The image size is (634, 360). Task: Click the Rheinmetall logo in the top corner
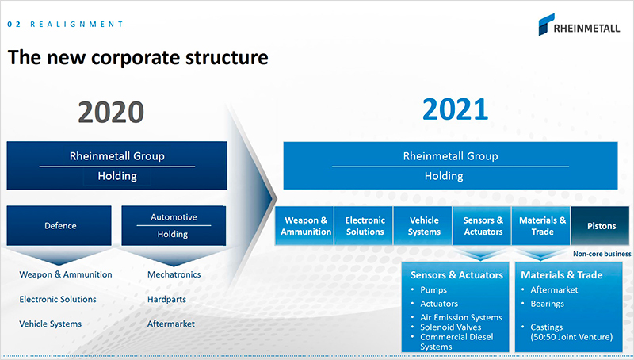pyautogui.click(x=579, y=25)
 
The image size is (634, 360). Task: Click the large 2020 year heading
pyautogui.click(x=111, y=112)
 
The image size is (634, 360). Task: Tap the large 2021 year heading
pyautogui.click(x=455, y=109)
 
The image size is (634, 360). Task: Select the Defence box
pyautogui.click(x=59, y=225)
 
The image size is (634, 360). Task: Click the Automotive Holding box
pyautogui.click(x=174, y=225)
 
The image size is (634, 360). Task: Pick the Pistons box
pyautogui.click(x=601, y=226)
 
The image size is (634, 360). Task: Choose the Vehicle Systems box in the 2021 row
pyautogui.click(x=423, y=226)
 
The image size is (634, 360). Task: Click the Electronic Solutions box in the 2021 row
pyautogui.click(x=364, y=226)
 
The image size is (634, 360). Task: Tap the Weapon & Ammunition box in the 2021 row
pyautogui.click(x=305, y=226)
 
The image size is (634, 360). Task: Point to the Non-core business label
pyautogui.click(x=602, y=254)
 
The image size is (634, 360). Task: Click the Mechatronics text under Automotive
pyautogui.click(x=174, y=274)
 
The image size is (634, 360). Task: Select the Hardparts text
pyautogui.click(x=166, y=299)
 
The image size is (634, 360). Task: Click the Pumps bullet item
pyautogui.click(x=433, y=290)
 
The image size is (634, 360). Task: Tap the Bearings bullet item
pyautogui.click(x=547, y=304)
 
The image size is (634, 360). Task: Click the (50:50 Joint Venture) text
pyautogui.click(x=571, y=337)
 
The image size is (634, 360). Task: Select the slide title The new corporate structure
pyautogui.click(x=138, y=57)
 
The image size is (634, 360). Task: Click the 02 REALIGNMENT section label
pyautogui.click(x=65, y=25)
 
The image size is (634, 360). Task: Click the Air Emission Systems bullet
pyautogui.click(x=461, y=317)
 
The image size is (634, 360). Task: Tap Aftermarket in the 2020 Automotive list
pyautogui.click(x=171, y=324)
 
